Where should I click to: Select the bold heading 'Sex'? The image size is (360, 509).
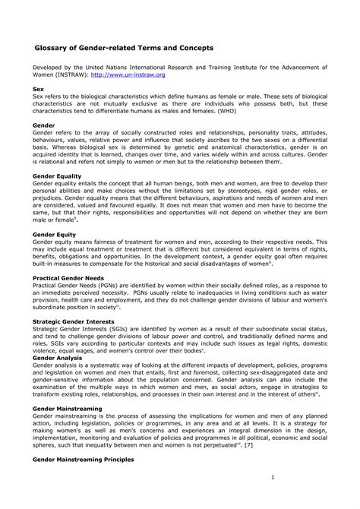[38, 89]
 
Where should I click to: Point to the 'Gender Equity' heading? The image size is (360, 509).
[54, 235]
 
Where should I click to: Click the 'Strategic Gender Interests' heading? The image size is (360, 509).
[73, 321]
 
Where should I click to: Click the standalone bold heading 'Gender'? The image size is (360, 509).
[43, 123]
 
